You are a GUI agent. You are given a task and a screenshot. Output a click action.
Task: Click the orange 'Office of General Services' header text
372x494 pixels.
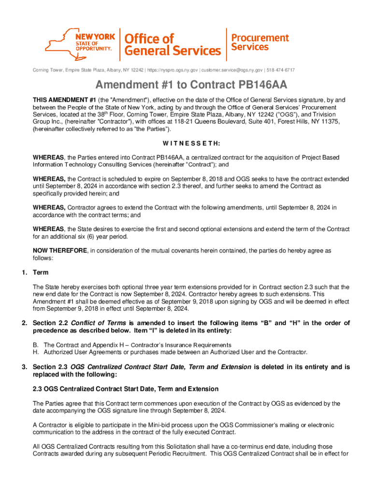[172, 44]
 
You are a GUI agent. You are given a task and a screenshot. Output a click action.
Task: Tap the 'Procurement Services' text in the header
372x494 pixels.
[259, 42]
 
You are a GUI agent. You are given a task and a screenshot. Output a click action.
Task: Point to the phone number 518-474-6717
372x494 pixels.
[281, 70]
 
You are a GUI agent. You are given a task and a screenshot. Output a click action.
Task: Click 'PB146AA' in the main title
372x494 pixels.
[254, 85]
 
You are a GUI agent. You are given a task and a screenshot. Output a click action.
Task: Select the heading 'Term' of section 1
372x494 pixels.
[41, 273]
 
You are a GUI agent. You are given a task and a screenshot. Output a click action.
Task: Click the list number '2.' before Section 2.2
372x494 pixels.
[24, 323]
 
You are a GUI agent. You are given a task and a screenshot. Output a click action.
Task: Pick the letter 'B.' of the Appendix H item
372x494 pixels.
[36, 345]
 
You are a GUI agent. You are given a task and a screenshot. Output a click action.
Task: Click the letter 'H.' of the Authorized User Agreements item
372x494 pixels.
[36, 352]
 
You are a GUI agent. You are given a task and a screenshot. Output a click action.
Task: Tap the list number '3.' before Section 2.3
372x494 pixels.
[24, 367]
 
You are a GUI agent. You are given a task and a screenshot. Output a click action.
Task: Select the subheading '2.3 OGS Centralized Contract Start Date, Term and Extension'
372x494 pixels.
[126, 389]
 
